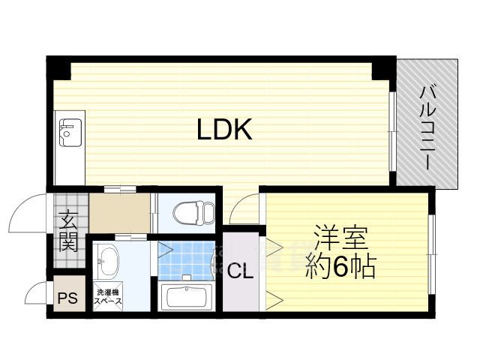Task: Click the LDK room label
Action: (223, 130)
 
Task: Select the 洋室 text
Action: (340, 241)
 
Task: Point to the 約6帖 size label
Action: (340, 267)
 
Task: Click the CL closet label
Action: (240, 271)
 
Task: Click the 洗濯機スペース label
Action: (108, 296)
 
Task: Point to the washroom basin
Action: (109, 262)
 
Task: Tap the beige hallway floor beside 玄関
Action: (120, 212)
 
